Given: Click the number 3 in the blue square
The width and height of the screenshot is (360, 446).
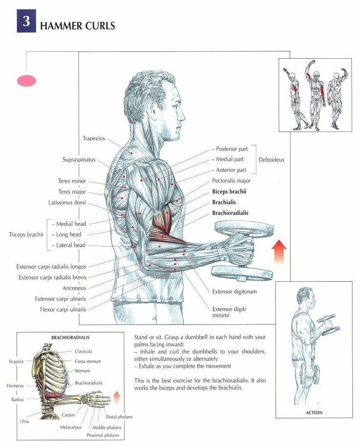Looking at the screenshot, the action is tap(26, 21).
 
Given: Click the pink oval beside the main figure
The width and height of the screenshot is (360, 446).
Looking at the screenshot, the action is tap(27, 81).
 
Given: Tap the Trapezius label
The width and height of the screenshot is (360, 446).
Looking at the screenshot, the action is tap(93, 138).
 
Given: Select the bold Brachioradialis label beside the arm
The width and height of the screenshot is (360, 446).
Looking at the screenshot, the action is tap(230, 213).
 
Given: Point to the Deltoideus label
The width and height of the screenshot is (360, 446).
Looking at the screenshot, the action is tap(271, 159).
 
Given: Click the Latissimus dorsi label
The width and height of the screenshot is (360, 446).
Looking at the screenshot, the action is tap(67, 202).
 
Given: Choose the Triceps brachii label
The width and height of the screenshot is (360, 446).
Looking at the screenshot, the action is tap(26, 234).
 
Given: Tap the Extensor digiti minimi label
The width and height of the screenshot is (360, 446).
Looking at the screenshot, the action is tap(229, 312).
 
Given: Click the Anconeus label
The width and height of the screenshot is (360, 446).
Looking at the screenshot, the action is tap(74, 288).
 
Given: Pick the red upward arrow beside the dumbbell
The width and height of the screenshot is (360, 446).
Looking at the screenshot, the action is tap(279, 251).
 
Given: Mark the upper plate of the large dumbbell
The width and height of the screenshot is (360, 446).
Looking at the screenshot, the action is tap(244, 227).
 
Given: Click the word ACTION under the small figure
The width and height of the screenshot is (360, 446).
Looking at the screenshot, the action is tap(314, 412).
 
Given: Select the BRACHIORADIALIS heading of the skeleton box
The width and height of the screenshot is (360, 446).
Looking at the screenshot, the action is tap(70, 337).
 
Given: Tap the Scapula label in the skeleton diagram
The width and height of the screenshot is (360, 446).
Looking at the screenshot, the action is tap(16, 361).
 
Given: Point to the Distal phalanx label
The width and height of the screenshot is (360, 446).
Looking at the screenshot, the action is tap(119, 417).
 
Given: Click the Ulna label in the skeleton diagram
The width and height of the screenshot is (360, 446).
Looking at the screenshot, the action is tap(24, 421).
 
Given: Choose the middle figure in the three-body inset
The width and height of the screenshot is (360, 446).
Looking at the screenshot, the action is tap(315, 95).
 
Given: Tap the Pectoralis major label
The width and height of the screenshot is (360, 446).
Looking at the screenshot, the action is tap(231, 180).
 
